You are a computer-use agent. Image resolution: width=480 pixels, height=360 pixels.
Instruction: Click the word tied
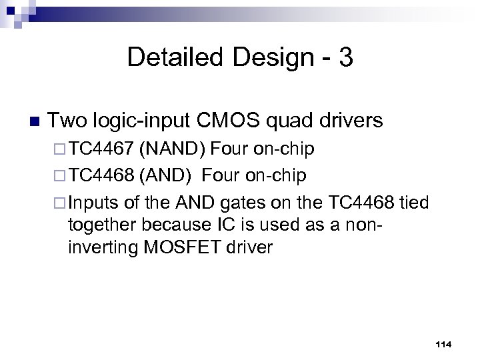point(415,202)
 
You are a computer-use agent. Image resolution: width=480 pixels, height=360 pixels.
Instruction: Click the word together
point(100,225)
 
